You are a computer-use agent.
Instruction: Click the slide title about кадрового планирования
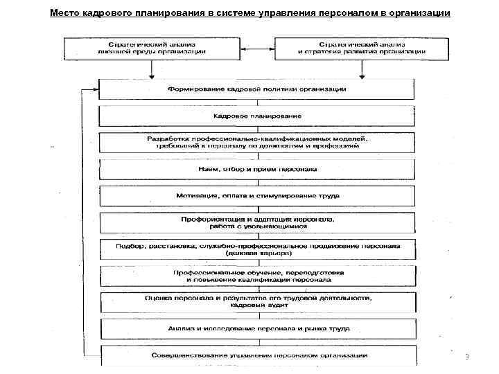pyautogui.click(x=249, y=13)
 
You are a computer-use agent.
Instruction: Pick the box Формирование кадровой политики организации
pyautogui.click(x=256, y=89)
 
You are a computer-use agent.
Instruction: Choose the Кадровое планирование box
pyautogui.click(x=256, y=115)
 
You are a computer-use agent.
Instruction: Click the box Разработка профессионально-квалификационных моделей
pyautogui.click(x=256, y=143)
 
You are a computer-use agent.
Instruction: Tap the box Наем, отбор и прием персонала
pyautogui.click(x=256, y=170)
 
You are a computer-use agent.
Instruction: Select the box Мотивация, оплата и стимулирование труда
pyautogui.click(x=256, y=196)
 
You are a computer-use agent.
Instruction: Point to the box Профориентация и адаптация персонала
pyautogui.click(x=256, y=222)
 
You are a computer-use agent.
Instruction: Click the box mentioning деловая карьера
pyautogui.click(x=256, y=249)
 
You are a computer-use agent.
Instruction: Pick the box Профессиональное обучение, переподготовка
pyautogui.click(x=256, y=276)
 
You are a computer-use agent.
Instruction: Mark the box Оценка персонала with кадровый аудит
pyautogui.click(x=256, y=302)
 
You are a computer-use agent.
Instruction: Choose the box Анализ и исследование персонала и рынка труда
pyautogui.click(x=256, y=329)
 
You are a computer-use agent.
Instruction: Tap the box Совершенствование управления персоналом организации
pyautogui.click(x=256, y=355)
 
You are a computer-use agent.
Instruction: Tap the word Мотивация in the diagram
pyautogui.click(x=195, y=196)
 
